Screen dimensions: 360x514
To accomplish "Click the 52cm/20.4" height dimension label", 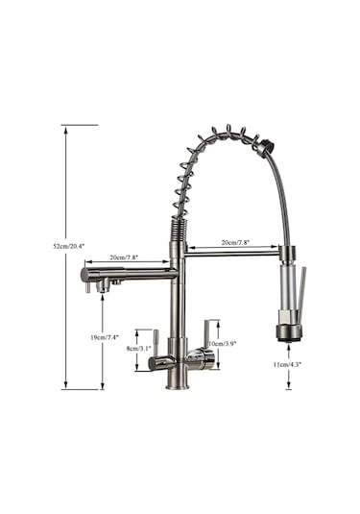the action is pyautogui.click(x=69, y=246).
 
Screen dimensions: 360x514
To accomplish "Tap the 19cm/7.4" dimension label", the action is pyautogui.click(x=105, y=336).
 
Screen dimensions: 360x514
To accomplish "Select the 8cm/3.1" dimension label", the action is pyautogui.click(x=138, y=349).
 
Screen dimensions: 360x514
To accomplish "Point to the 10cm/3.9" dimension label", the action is pyautogui.click(x=222, y=344).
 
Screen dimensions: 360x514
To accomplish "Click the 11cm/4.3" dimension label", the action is pyautogui.click(x=287, y=364).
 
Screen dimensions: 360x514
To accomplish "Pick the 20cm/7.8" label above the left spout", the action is pyautogui.click(x=124, y=257).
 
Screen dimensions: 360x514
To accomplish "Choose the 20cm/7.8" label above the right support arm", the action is pyautogui.click(x=235, y=242).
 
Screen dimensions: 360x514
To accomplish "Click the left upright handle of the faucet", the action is pyautogui.click(x=156, y=343).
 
